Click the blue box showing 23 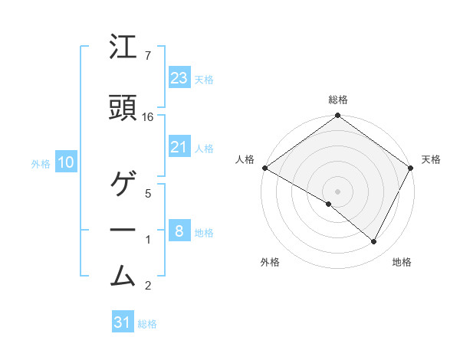(179, 77)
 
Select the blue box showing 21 (179, 147)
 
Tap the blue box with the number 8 (179, 231)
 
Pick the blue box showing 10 (65, 162)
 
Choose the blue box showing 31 (123, 322)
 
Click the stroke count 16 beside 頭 (148, 117)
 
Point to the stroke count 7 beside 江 (147, 56)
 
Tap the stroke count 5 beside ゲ (148, 193)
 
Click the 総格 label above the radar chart (338, 100)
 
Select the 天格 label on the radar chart (431, 159)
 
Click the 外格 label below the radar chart (270, 262)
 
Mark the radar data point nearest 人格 (264, 168)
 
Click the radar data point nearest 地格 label (374, 242)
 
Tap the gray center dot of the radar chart (338, 191)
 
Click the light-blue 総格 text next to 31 (147, 324)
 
